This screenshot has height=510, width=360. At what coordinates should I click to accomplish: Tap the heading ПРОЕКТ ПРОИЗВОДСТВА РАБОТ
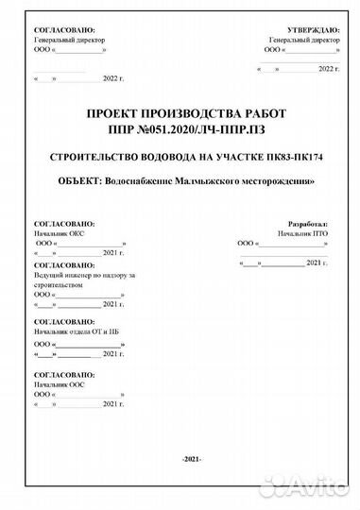click(x=185, y=113)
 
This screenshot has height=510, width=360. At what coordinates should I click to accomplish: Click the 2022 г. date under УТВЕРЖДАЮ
click(x=327, y=69)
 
